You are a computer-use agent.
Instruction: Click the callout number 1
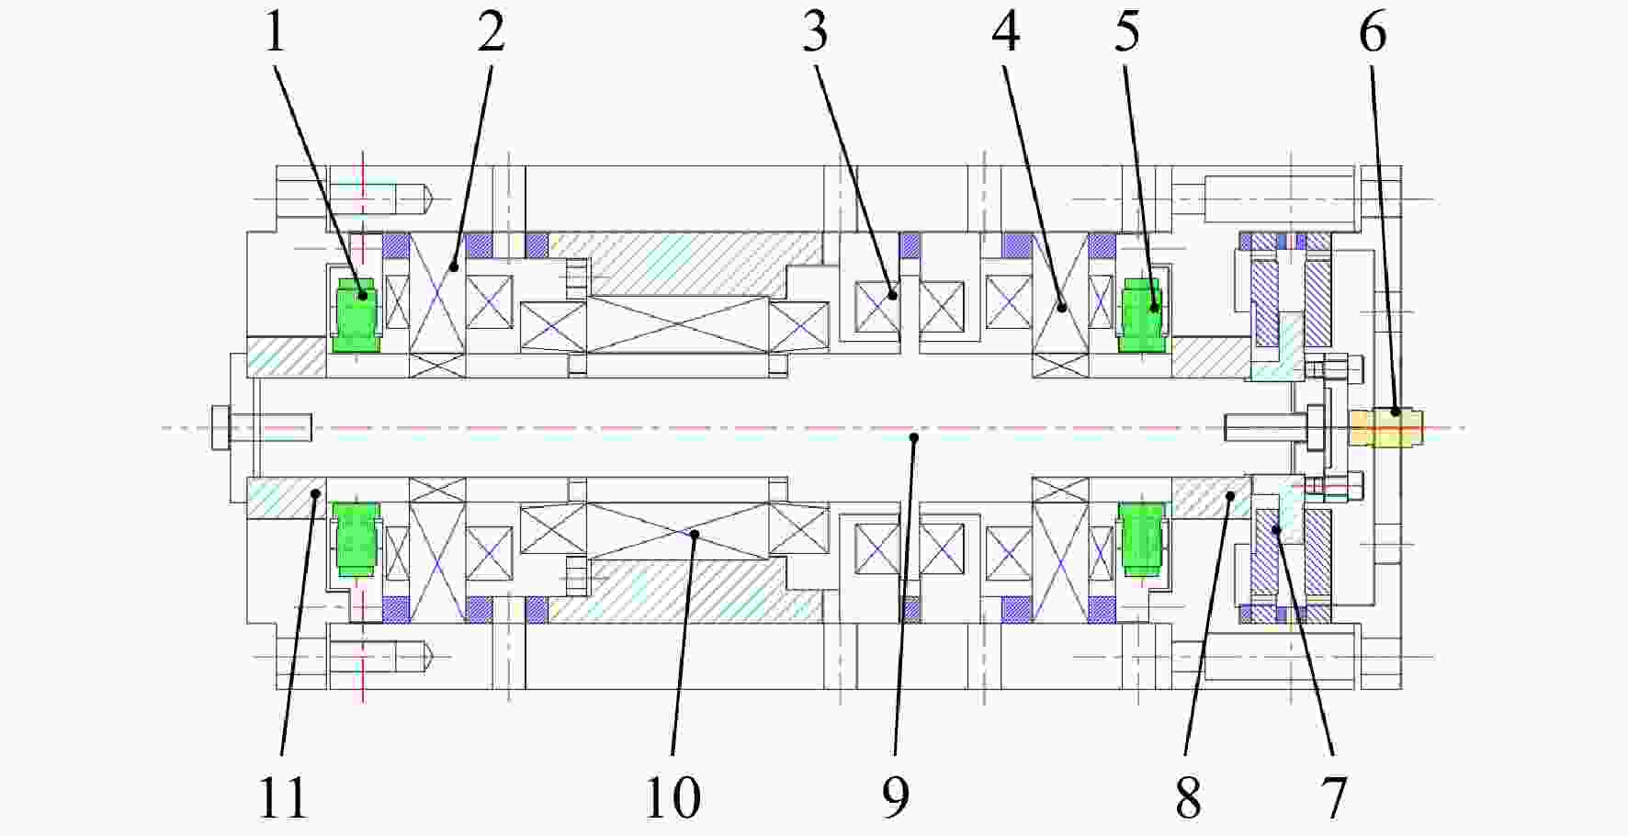pos(275,33)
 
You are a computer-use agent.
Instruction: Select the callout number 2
pos(492,33)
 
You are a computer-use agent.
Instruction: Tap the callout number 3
pos(815,33)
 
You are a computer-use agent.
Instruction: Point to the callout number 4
pos(1006,33)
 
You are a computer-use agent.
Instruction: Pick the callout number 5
pos(1127,33)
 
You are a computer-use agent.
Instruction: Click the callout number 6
pos(1373,33)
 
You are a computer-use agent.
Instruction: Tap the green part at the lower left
pos(356,539)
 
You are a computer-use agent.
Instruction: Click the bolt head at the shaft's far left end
pos(220,427)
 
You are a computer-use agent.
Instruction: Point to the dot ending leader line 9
pos(913,438)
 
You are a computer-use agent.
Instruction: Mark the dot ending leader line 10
pos(694,533)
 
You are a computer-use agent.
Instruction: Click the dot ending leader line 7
pos(1276,529)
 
